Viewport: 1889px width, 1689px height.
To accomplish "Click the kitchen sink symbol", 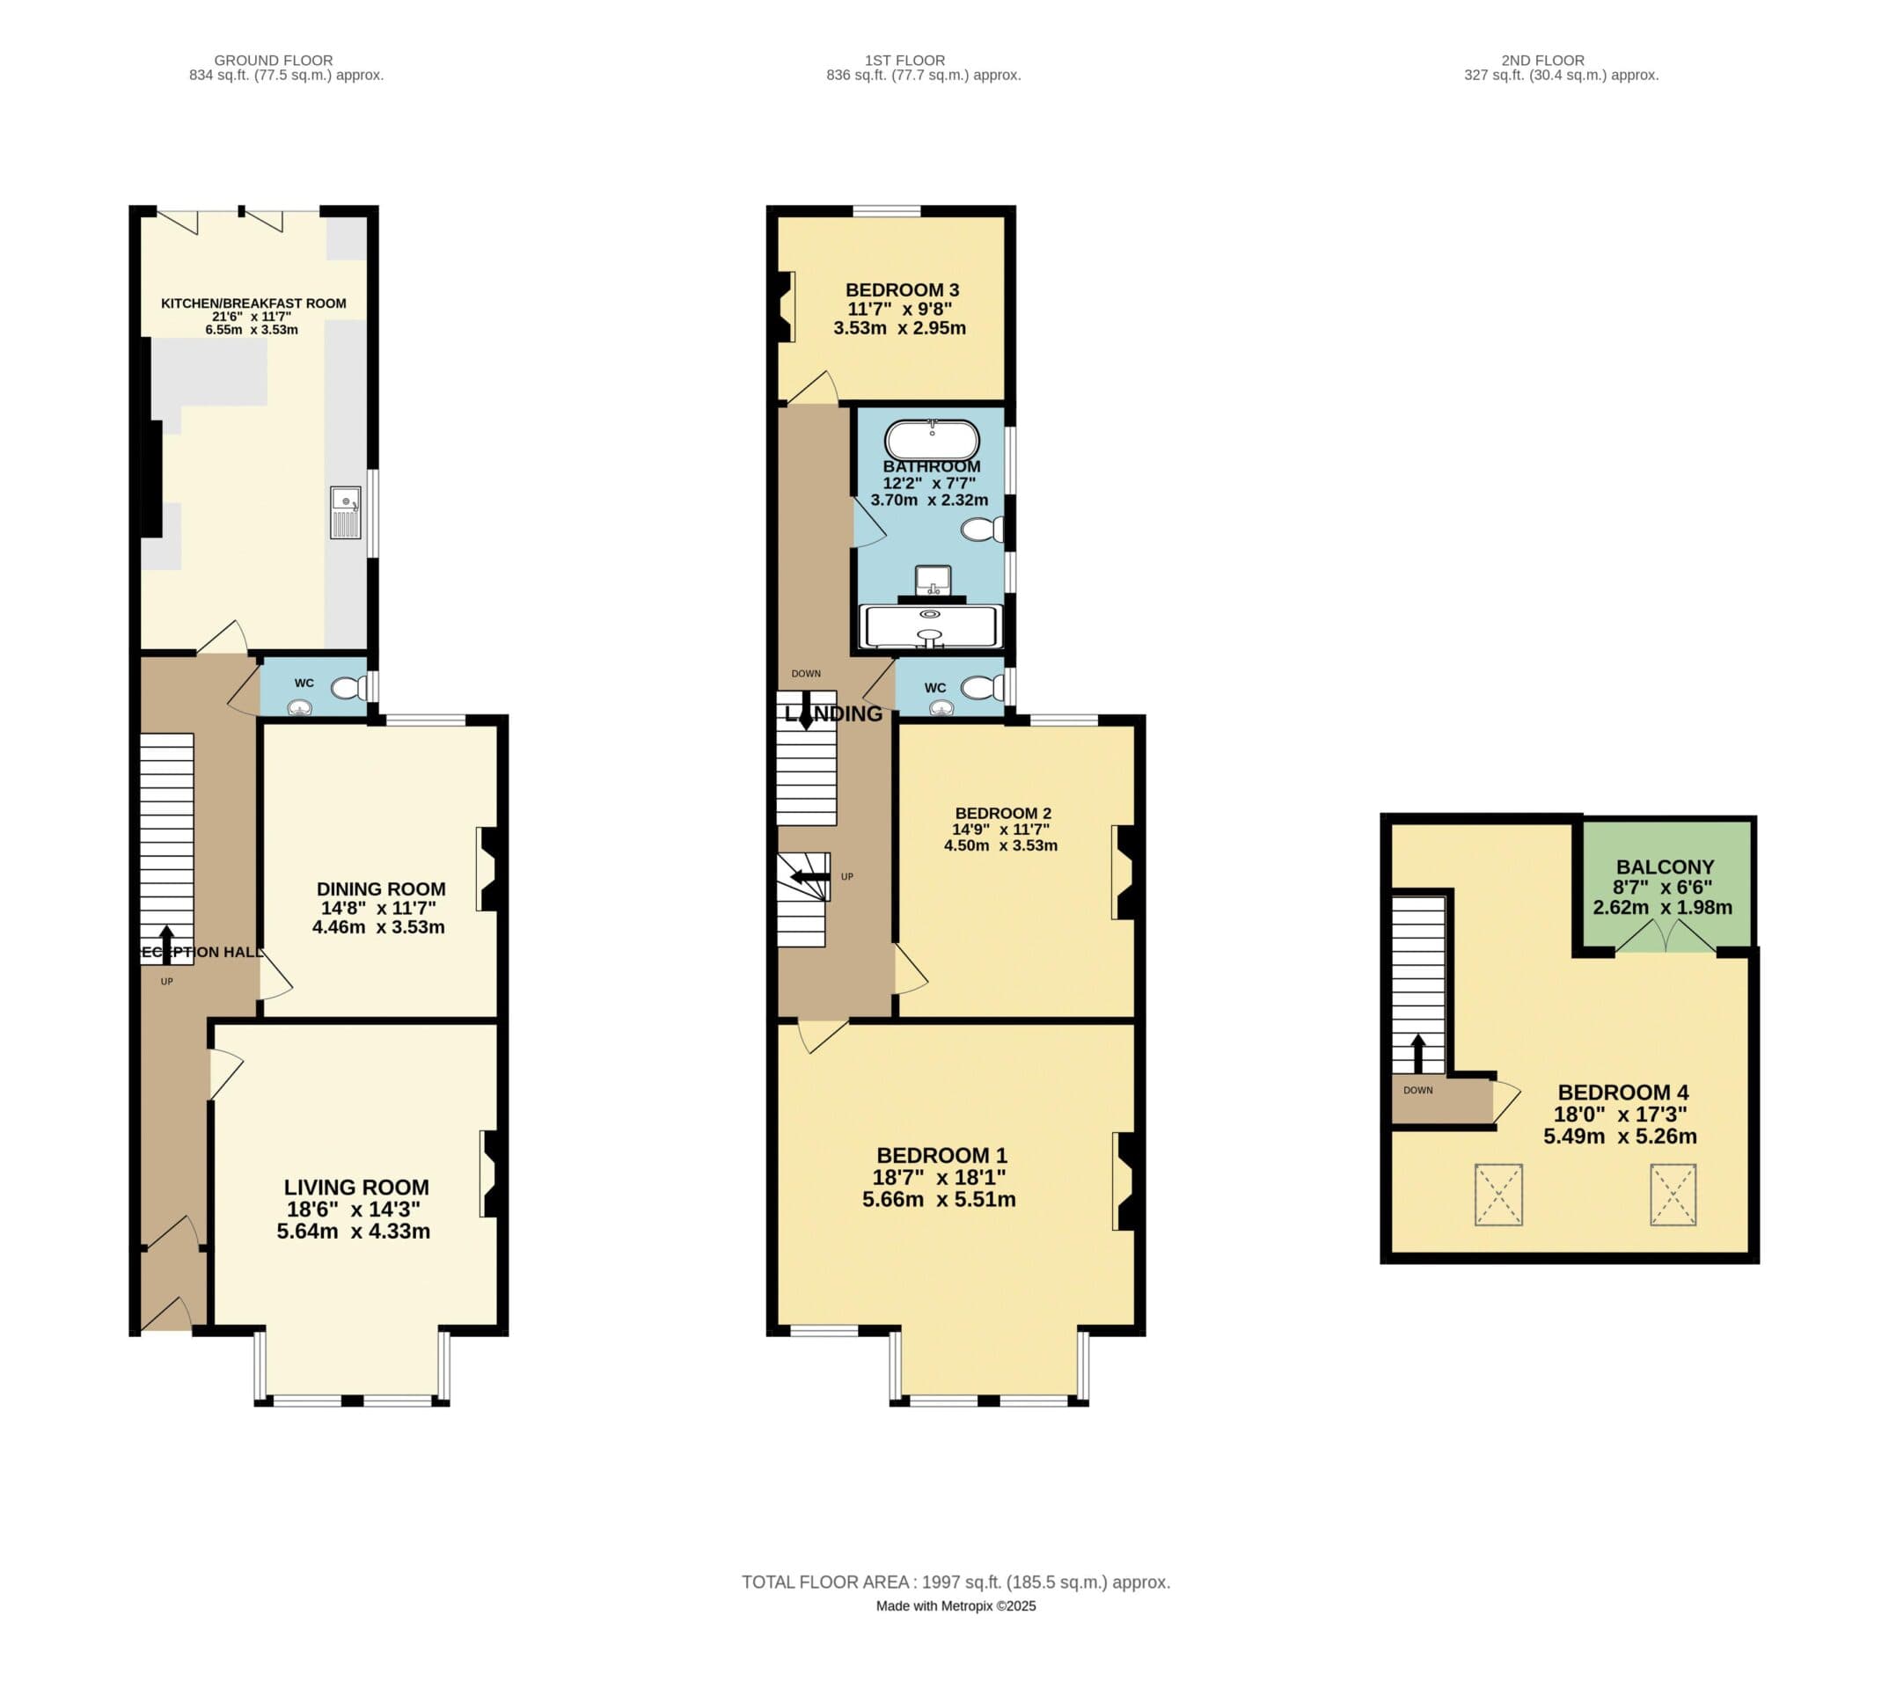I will point(345,511).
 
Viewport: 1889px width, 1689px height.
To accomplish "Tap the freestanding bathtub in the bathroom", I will point(931,441).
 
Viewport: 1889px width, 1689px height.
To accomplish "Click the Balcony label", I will point(1665,866).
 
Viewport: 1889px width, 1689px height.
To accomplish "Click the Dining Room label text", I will point(381,888).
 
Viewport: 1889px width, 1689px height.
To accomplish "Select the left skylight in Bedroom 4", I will point(1498,1195).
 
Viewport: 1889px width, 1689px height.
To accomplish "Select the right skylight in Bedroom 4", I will point(1673,1195).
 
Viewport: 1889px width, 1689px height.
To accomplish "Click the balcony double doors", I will point(1666,936).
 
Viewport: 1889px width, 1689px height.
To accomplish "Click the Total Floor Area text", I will point(955,1583).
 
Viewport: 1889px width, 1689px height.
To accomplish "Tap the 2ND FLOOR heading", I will point(1542,61).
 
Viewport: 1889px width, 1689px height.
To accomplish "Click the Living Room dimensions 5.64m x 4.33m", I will point(353,1232).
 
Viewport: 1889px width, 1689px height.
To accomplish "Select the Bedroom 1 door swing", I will point(821,1035).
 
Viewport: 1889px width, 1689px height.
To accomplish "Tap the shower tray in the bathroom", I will point(931,627).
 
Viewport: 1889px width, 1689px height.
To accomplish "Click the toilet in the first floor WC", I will point(981,688).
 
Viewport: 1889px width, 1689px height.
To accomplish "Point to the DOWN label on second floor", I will point(1417,1091).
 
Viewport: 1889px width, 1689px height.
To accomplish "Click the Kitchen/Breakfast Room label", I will point(253,303).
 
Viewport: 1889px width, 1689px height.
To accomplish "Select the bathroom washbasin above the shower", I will point(932,581).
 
